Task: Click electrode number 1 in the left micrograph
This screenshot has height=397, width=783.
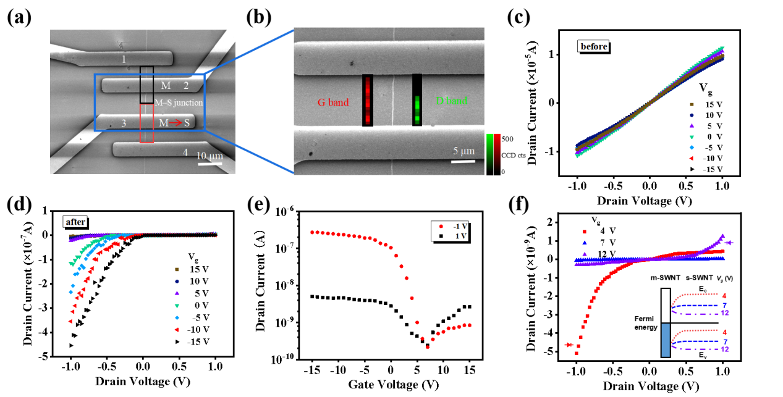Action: [124, 59]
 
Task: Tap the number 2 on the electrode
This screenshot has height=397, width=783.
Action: [185, 85]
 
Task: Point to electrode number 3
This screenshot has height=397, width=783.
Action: [124, 123]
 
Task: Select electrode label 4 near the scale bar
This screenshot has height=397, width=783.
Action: [185, 152]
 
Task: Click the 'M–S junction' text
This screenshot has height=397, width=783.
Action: [179, 102]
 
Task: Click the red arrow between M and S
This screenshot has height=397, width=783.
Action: [177, 123]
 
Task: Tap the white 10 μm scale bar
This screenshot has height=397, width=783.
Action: [210, 164]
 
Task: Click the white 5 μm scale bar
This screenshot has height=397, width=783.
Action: [463, 162]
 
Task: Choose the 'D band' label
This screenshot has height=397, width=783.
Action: [452, 101]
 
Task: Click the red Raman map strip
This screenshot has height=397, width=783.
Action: [368, 100]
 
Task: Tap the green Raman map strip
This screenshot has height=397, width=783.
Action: [417, 100]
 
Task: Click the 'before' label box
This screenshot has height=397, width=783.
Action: [593, 46]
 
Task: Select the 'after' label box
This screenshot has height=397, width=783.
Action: [76, 222]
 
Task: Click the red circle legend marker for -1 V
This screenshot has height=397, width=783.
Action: [441, 227]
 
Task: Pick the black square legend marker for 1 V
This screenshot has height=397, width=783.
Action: [441, 236]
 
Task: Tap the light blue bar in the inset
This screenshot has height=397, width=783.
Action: [666, 340]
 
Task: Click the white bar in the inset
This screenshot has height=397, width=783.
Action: [666, 306]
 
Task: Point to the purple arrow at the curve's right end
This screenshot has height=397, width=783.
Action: [729, 243]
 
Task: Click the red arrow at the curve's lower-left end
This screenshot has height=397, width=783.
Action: [569, 345]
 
